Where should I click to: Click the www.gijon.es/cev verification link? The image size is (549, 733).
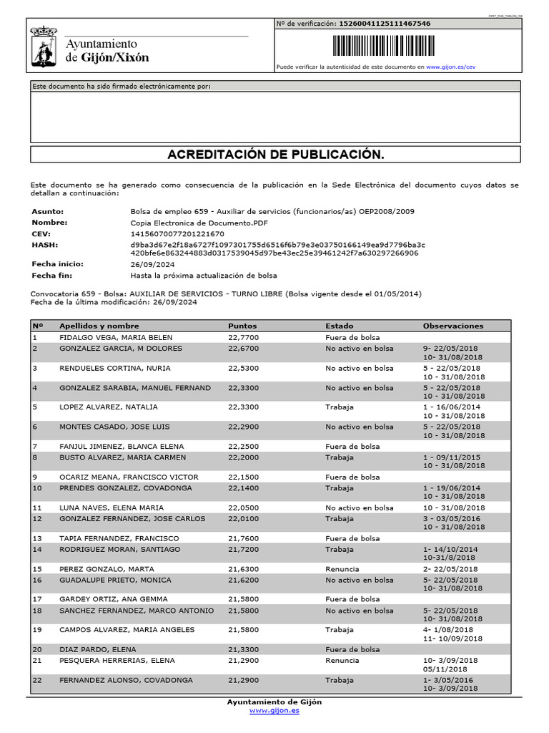point(450,67)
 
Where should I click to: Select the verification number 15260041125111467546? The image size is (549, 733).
point(384,24)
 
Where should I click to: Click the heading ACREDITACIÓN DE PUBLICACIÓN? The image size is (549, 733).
point(275,155)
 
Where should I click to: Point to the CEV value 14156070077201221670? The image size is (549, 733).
point(177,233)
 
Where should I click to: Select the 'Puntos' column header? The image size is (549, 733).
point(242,326)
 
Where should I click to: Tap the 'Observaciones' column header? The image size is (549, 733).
point(452,326)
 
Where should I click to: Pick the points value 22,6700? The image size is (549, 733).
point(243,349)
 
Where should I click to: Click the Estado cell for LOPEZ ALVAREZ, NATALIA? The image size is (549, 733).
point(339,407)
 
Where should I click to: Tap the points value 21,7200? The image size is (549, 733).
point(243,549)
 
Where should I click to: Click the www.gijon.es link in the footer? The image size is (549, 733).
point(274,711)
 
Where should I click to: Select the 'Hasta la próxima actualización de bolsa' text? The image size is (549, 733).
point(203,276)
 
